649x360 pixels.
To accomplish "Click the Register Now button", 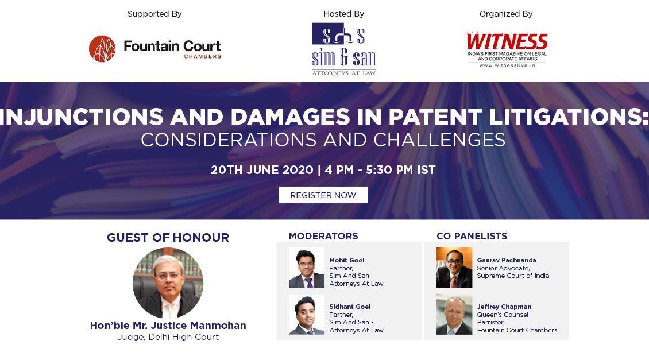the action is click(323, 195).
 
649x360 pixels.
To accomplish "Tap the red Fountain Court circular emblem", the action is click(102, 49).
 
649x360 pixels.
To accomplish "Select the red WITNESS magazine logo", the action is click(507, 42).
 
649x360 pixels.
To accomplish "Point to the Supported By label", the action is click(154, 14).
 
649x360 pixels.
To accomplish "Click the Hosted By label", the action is click(343, 14).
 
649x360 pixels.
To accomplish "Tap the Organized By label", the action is click(506, 14).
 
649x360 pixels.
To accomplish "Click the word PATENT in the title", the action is click(435, 117).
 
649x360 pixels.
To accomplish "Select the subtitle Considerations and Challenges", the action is click(323, 140).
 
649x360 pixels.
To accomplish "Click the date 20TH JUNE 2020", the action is click(262, 170).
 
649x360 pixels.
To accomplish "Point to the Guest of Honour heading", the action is click(168, 238).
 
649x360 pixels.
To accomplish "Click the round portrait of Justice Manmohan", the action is click(168, 283).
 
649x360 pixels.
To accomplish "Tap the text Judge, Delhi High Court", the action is click(168, 337).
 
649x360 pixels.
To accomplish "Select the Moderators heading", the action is click(323, 237).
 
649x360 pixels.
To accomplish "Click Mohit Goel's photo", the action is click(307, 268).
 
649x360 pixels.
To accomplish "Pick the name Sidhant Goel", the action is click(350, 307).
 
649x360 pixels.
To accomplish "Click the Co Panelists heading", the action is click(472, 237).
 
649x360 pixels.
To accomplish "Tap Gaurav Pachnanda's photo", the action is click(454, 268).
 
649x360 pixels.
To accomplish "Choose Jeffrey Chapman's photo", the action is click(454, 315).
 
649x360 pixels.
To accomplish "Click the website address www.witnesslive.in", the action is click(507, 65).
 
